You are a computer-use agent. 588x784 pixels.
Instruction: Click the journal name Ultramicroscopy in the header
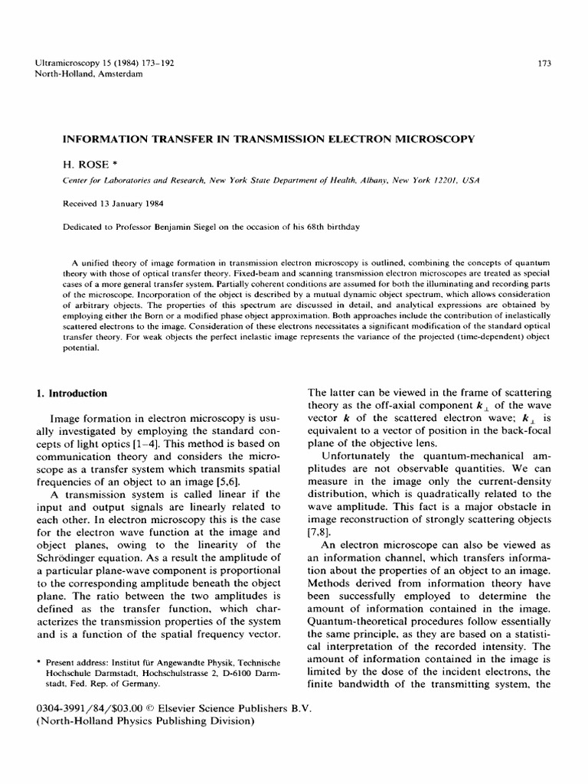(x=68, y=62)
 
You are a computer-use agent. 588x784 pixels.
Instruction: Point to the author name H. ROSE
(x=85, y=165)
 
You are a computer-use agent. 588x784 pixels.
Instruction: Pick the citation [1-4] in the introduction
(x=170, y=444)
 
